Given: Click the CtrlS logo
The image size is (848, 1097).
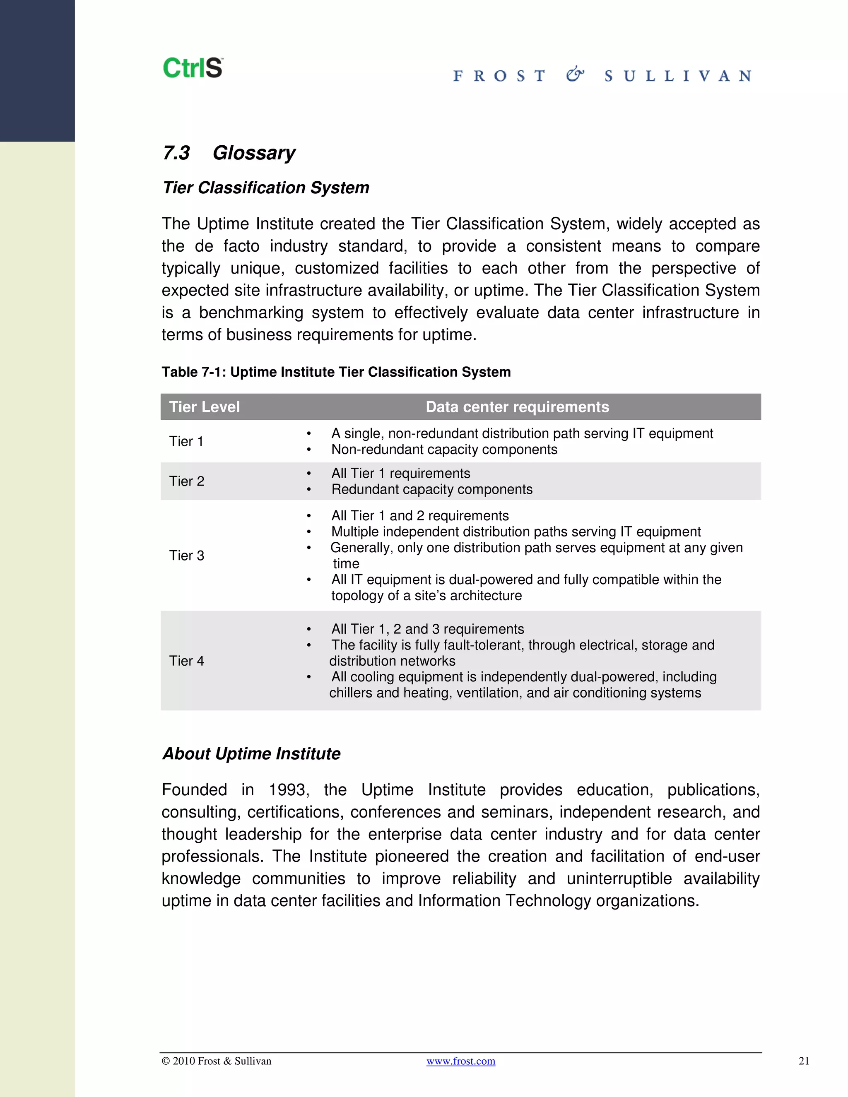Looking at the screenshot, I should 193,68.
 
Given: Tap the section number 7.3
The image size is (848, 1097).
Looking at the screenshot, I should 176,153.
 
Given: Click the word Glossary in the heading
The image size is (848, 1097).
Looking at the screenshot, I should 254,153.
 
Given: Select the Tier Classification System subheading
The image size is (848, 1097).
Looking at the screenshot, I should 266,188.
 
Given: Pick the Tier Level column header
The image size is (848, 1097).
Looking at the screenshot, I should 204,407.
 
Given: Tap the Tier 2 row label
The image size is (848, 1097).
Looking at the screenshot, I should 186,481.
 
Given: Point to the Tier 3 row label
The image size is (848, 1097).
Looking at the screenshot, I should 186,556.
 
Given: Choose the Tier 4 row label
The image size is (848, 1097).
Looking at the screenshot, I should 186,661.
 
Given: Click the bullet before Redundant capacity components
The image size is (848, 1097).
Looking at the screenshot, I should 309,490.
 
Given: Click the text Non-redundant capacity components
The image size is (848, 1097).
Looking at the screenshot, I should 444,450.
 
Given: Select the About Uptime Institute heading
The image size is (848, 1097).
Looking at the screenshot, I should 251,754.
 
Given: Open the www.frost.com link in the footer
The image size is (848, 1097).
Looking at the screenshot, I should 461,1061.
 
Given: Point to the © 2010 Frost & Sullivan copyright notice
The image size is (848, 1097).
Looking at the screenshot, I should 216,1061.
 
